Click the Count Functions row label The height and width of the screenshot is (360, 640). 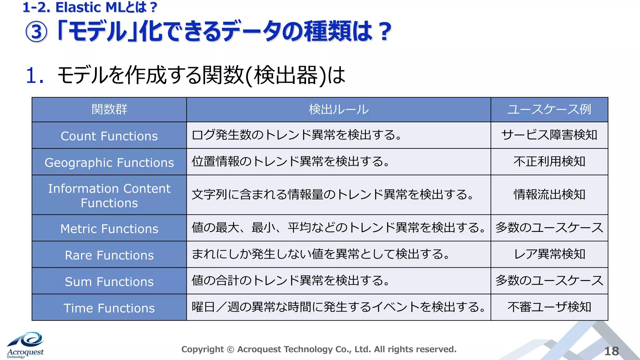coord(109,136)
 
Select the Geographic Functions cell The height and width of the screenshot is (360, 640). coord(109,162)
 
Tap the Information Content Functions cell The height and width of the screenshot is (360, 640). coord(109,196)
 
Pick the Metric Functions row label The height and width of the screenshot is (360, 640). coord(109,229)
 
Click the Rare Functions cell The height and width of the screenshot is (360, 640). coord(109,255)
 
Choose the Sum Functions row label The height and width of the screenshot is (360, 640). coord(109,282)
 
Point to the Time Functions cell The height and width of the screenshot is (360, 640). coord(109,308)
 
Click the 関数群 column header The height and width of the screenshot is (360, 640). coord(109,109)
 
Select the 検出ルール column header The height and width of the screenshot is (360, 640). coord(338,109)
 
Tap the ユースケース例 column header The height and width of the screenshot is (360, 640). coord(549,109)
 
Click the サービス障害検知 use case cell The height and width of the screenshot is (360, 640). coord(549,135)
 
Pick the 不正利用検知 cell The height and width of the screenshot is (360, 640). coord(549,162)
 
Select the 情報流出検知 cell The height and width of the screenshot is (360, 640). coord(549,194)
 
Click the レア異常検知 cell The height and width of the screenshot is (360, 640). coord(549,254)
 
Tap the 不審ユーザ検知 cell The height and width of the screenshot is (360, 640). coord(549,307)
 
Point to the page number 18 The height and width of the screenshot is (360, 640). coord(611,351)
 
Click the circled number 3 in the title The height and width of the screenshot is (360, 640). coord(36,32)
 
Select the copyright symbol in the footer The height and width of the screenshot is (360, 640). coord(230,349)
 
